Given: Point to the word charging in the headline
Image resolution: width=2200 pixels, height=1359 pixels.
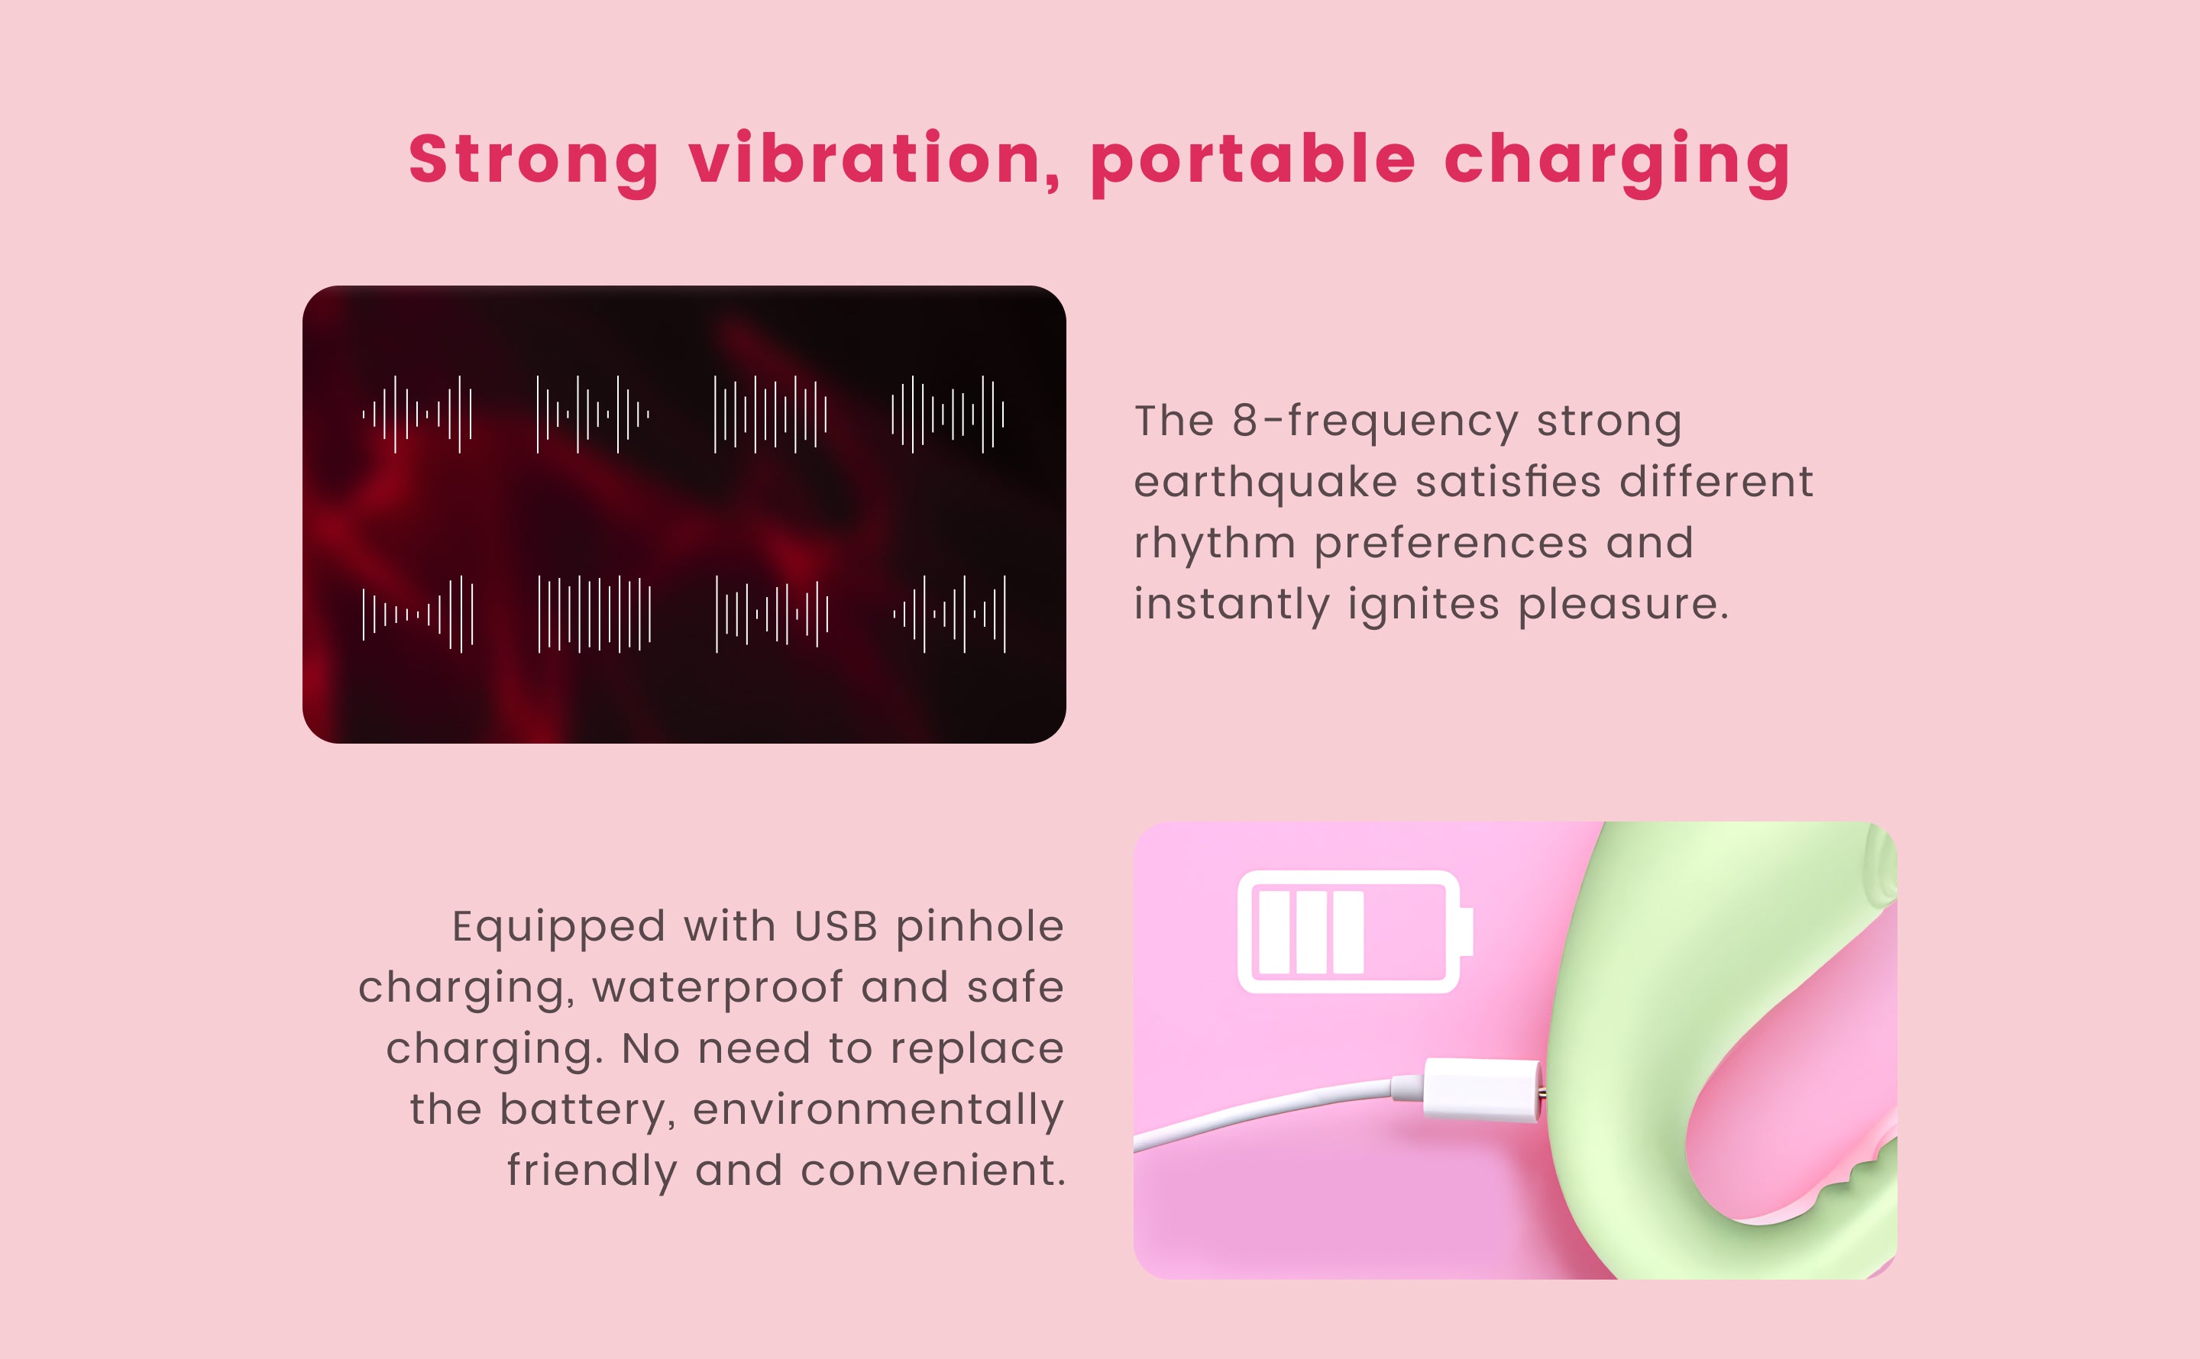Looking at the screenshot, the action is tap(1617, 163).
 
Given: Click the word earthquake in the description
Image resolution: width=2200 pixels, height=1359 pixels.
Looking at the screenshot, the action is tap(1265, 483).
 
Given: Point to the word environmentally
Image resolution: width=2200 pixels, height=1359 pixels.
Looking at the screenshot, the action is tap(878, 1111).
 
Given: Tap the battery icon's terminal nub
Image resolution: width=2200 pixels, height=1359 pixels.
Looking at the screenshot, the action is tap(1465, 932).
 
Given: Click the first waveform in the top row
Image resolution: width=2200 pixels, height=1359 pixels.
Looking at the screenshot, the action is tap(417, 415).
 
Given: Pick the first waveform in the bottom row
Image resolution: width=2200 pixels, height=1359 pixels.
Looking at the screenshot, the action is tap(417, 614).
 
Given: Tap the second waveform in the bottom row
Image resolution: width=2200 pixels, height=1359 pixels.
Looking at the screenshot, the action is tap(594, 614).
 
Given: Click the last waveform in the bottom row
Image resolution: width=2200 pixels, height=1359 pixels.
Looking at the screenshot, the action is tap(950, 614).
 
